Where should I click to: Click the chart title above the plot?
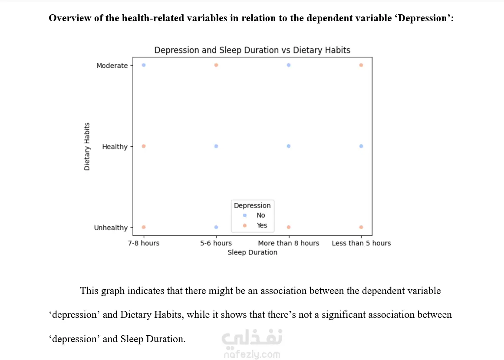[x=252, y=50]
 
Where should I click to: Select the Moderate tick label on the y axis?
[x=112, y=66]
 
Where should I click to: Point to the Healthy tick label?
[x=115, y=147]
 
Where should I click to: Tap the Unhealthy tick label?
[x=111, y=228]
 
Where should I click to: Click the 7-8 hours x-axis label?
[x=144, y=243]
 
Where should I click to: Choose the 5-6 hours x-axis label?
[x=216, y=243]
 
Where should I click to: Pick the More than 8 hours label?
[x=288, y=243]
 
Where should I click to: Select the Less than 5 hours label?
[x=361, y=243]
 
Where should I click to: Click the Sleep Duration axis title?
[x=252, y=252]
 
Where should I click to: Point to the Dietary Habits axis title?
[x=87, y=146]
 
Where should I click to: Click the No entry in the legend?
[x=260, y=215]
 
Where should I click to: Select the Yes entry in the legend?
[x=262, y=225]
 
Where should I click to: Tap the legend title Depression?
[x=252, y=205]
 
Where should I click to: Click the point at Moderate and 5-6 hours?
[x=216, y=65]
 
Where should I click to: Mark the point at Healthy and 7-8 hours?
[x=144, y=146]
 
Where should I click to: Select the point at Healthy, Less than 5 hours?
[x=361, y=146]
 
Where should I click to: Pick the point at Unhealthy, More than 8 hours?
[x=289, y=227]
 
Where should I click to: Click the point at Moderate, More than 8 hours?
[x=289, y=65]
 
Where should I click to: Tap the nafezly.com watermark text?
[x=252, y=354]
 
